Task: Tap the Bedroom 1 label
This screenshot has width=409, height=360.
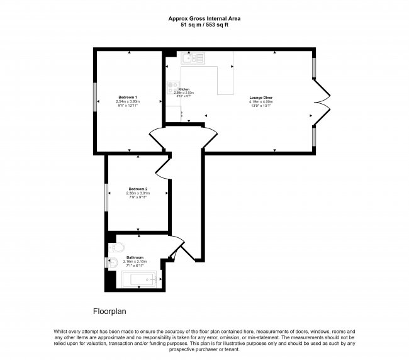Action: (x=128, y=97)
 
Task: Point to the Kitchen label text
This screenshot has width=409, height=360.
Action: (x=184, y=89)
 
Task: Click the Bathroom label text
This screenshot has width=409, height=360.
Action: (x=135, y=257)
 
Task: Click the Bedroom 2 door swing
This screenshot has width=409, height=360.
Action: (x=162, y=164)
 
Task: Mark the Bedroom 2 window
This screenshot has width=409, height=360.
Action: (x=106, y=196)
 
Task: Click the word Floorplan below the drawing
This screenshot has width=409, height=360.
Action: (x=111, y=311)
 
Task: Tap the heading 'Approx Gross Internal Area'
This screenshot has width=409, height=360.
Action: (x=204, y=19)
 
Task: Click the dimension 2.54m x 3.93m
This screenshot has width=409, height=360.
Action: (x=128, y=101)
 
